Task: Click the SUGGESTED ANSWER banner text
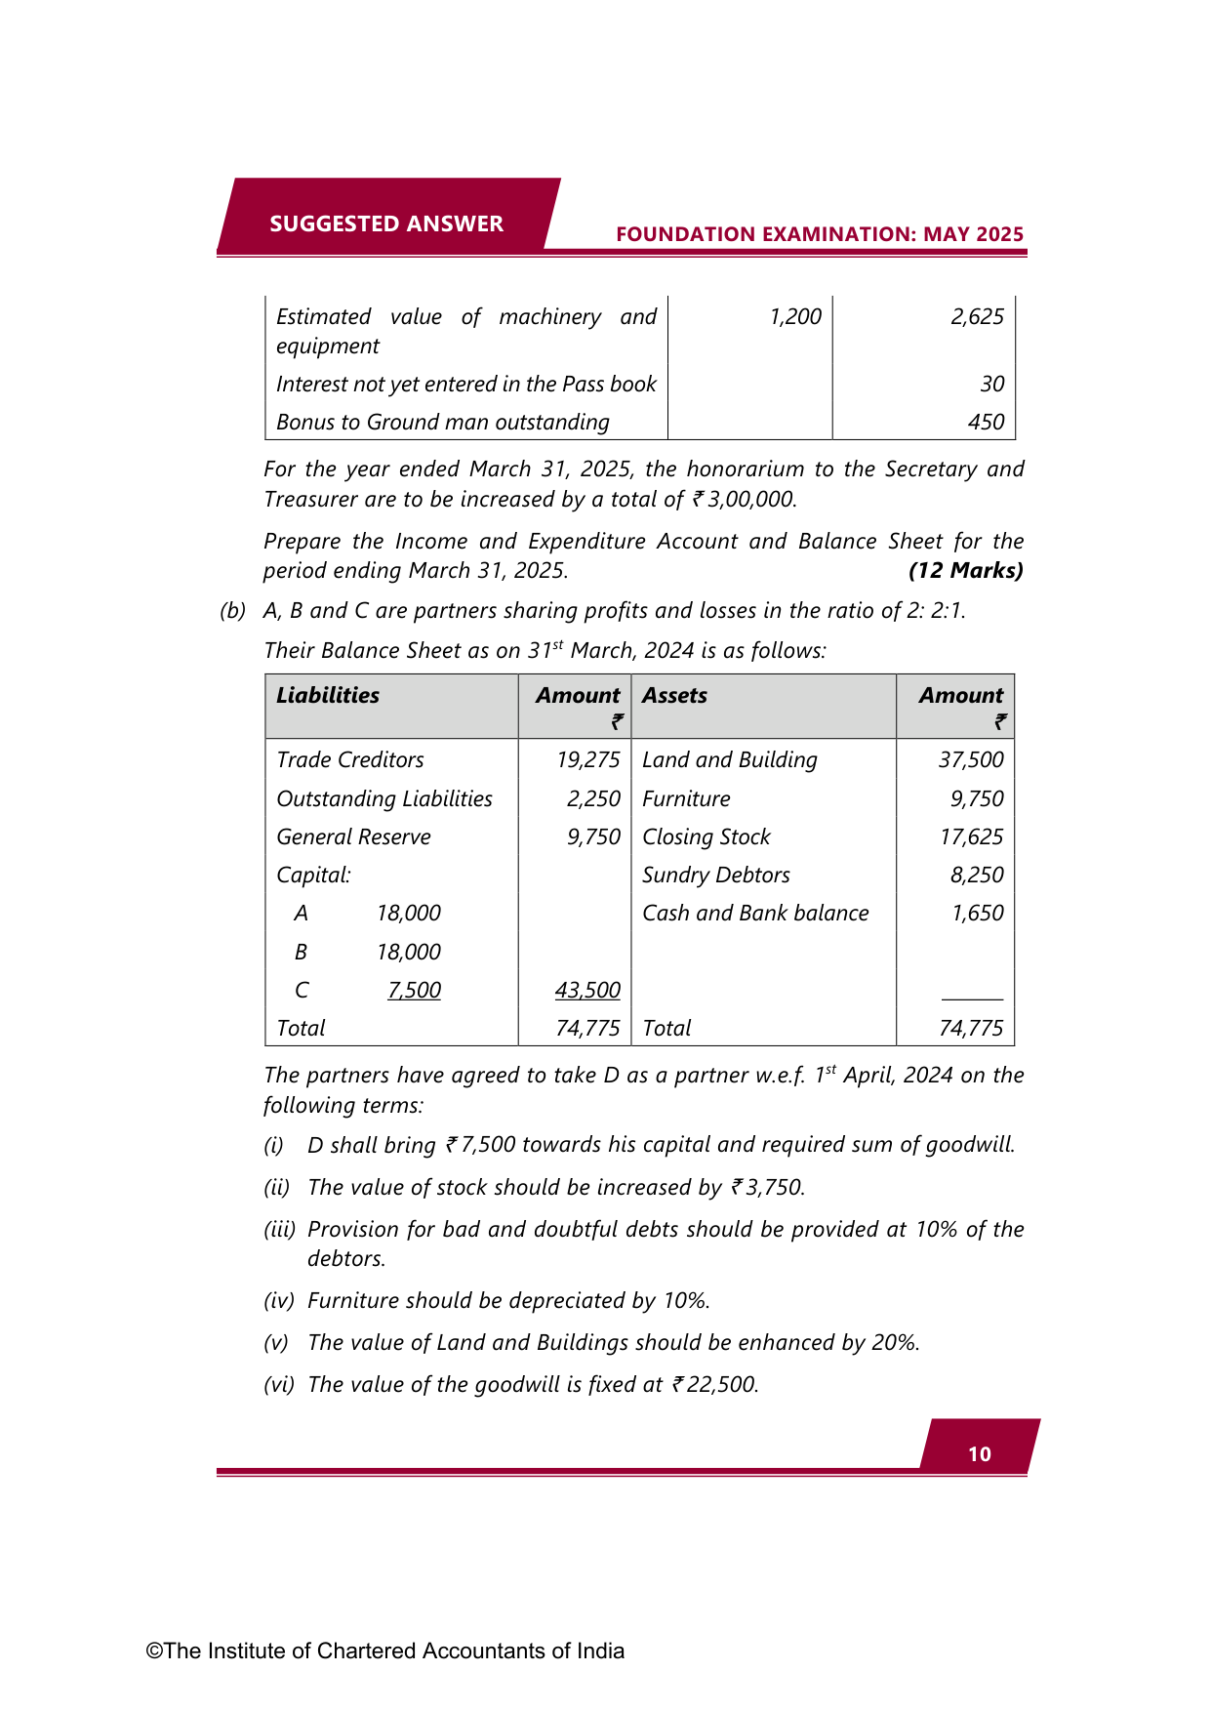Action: coord(386,224)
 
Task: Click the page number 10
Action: coord(980,1454)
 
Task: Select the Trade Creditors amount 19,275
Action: coord(587,759)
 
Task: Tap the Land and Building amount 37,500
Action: coord(971,759)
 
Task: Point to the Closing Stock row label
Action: coord(706,837)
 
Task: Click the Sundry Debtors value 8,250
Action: coord(977,876)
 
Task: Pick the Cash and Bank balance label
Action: coord(755,914)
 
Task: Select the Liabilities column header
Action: coord(328,696)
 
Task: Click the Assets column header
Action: coord(674,696)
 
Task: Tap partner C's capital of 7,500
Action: coord(414,991)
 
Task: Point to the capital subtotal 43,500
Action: coord(587,991)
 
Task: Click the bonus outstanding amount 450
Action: coord(986,422)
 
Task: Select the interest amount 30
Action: coord(992,384)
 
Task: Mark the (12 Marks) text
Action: coord(965,571)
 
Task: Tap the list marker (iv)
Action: coord(278,1301)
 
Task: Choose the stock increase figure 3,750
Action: coord(773,1188)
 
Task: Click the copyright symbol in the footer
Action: coord(154,1651)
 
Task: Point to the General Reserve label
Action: coord(353,837)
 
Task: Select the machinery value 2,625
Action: coord(977,317)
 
